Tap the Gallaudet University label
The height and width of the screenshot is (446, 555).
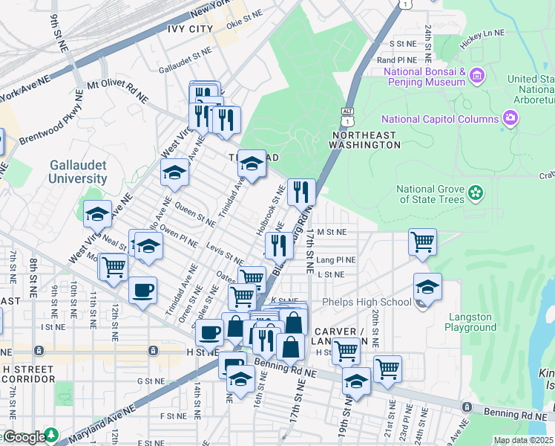click(x=78, y=172)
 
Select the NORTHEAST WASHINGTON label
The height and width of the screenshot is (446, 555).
click(x=366, y=139)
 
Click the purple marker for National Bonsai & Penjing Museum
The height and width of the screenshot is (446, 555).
click(x=476, y=75)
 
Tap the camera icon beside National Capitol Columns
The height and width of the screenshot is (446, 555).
click(x=509, y=118)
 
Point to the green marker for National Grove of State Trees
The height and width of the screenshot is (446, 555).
click(x=476, y=193)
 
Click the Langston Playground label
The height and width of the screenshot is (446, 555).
click(x=471, y=322)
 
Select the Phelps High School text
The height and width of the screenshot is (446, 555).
click(x=366, y=302)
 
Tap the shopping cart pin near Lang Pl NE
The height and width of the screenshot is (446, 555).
click(x=422, y=241)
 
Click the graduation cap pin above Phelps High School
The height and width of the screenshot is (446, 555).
click(x=428, y=286)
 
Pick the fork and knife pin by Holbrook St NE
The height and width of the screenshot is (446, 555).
click(x=301, y=192)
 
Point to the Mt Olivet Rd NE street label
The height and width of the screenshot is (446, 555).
click(x=117, y=91)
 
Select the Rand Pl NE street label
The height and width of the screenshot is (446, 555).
click(x=398, y=59)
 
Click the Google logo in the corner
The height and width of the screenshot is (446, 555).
click(x=24, y=436)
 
